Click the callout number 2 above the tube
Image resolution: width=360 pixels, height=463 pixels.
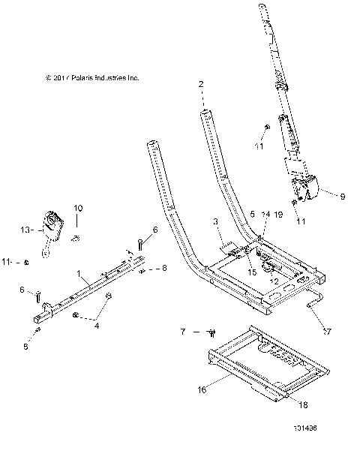pyautogui.click(x=201, y=85)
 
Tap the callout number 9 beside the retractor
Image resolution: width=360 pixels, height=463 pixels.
pyautogui.click(x=342, y=197)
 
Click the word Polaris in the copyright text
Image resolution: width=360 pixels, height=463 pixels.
pyautogui.click(x=79, y=77)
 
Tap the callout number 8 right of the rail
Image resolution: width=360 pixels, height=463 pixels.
pyautogui.click(x=165, y=268)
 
